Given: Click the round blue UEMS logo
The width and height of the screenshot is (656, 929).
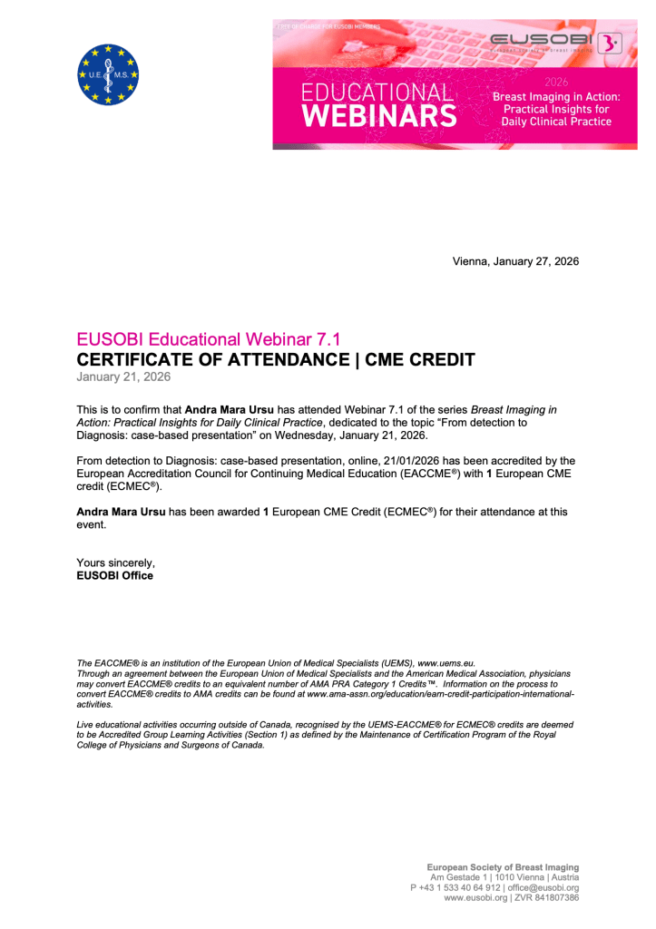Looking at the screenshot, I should (109, 74).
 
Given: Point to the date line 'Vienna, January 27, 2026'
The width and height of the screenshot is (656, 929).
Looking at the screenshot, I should (515, 261).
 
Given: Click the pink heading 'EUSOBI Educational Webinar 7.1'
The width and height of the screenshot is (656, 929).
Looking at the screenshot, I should (209, 340).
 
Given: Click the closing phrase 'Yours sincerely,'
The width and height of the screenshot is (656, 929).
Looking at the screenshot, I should (116, 562).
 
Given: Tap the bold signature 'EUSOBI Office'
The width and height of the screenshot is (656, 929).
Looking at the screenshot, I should (115, 575).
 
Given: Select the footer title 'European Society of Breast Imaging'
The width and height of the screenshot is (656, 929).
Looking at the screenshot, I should (503, 867).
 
